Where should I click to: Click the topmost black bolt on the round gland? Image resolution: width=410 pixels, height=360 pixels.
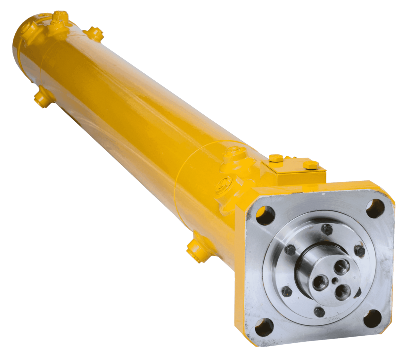(326, 228)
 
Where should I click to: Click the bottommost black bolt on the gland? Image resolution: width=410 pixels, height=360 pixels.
(318, 310)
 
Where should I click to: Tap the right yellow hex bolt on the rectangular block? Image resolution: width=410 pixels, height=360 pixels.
(310, 166)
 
